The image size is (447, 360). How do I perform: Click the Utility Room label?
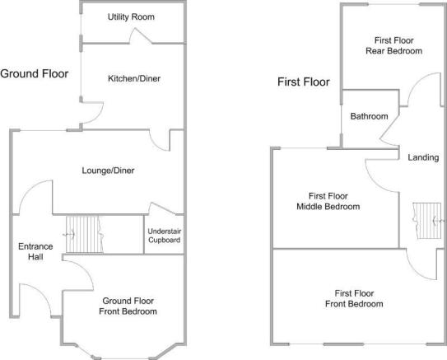[131, 17]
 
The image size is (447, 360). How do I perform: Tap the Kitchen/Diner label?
[134, 78]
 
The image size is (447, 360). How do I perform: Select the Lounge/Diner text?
[108, 171]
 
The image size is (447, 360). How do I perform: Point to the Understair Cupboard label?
[164, 236]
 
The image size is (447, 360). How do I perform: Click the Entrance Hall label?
[35, 251]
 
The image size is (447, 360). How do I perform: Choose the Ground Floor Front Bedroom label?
[128, 306]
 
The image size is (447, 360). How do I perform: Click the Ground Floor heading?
[35, 74]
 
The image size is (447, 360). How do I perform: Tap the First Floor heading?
[304, 82]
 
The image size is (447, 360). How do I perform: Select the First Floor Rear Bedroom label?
[394, 45]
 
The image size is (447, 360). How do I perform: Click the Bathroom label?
[369, 116]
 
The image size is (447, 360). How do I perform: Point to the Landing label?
[423, 157]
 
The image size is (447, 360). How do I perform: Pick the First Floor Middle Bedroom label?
[328, 201]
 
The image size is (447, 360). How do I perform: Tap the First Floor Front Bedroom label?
[354, 298]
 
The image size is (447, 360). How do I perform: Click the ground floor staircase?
[85, 235]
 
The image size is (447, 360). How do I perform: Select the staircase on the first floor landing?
[427, 221]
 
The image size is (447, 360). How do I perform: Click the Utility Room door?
[141, 35]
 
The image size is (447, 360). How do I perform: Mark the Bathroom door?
[389, 128]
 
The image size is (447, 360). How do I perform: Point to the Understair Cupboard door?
[162, 208]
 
